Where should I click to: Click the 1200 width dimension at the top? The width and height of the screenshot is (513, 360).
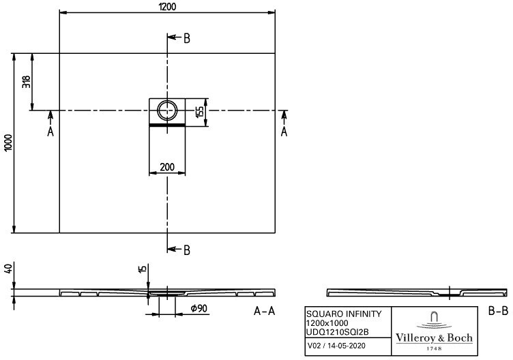tap(168, 7)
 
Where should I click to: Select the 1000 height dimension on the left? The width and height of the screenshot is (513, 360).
tap(8, 142)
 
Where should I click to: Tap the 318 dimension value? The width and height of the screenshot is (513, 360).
tap(27, 82)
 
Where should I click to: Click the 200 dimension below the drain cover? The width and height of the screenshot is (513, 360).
tap(167, 167)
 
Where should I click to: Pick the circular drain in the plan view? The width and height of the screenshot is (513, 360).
tap(167, 110)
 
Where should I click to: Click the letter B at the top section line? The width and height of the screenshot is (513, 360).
tap(186, 39)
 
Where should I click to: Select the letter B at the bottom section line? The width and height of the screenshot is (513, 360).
tap(186, 250)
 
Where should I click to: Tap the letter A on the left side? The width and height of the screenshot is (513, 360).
tap(50, 132)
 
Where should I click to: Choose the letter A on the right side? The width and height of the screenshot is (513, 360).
tap(284, 132)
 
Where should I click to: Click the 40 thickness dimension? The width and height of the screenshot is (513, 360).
tap(8, 269)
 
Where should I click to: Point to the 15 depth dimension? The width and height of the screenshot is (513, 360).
tap(143, 269)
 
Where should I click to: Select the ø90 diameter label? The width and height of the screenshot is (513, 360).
tap(199, 308)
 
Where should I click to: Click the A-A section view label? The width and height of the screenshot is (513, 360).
tap(265, 311)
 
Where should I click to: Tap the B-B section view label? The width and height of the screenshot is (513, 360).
tap(498, 311)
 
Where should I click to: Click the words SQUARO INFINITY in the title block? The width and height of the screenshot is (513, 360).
tap(344, 314)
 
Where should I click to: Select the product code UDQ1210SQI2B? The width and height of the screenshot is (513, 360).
tap(337, 332)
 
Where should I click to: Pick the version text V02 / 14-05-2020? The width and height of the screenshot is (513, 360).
tap(337, 346)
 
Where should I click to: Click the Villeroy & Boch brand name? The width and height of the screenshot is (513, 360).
tap(434, 337)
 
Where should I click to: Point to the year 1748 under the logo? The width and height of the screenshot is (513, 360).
tap(434, 348)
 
